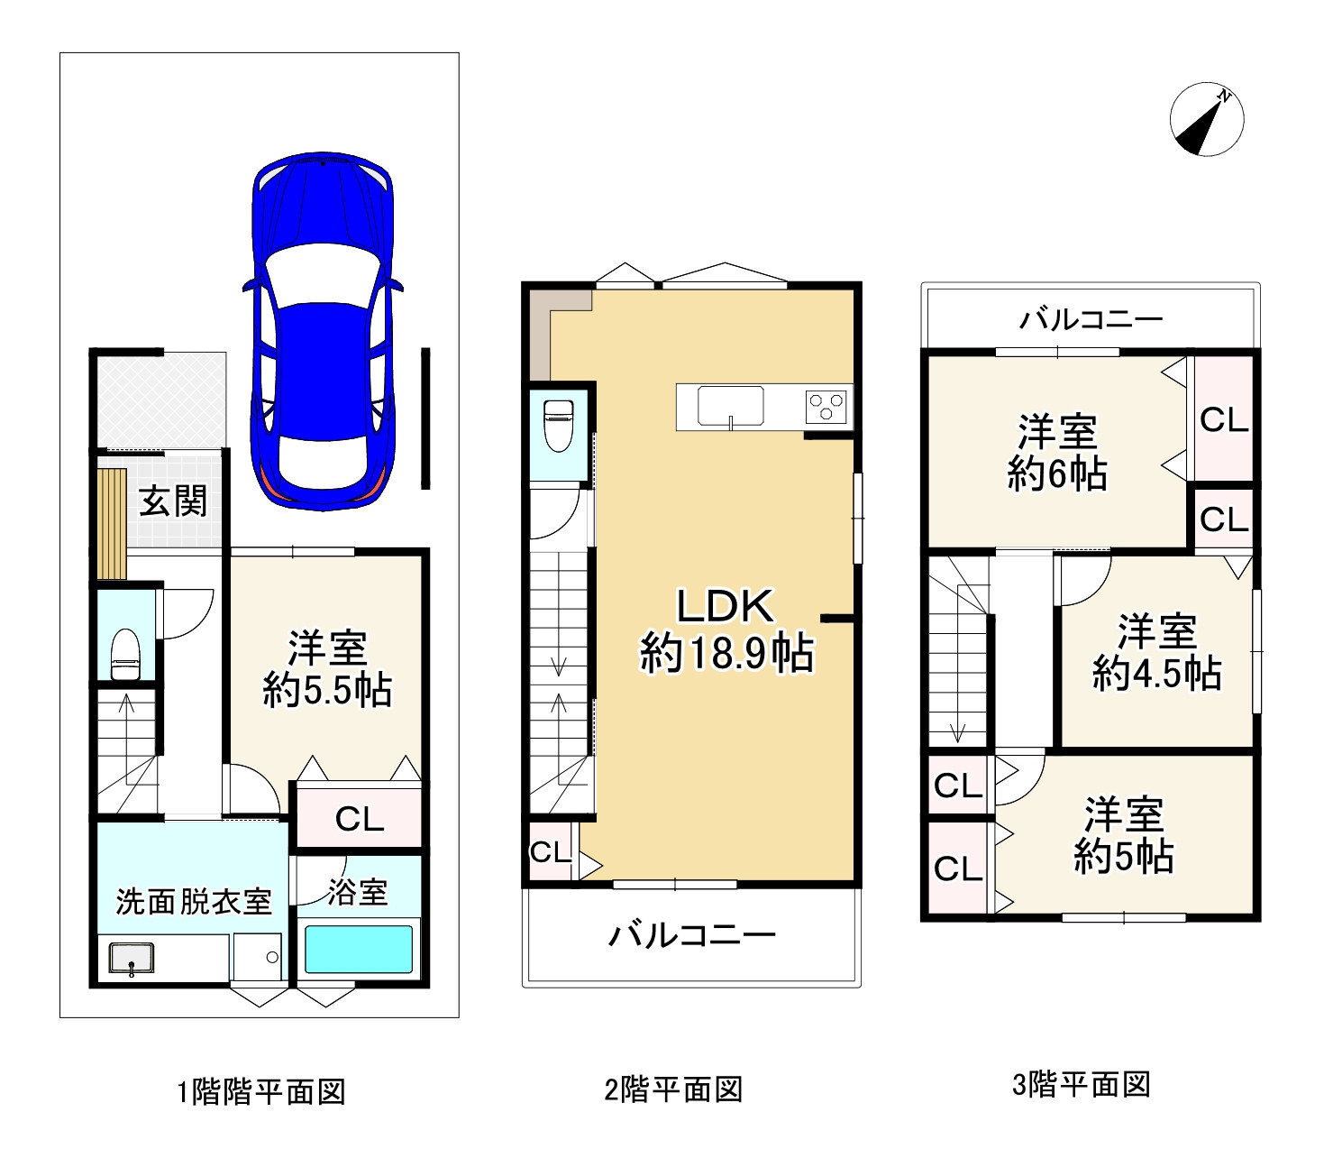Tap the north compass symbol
click(x=1206, y=120)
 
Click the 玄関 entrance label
click(x=173, y=501)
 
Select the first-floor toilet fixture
click(x=125, y=655)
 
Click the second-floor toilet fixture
click(x=559, y=426)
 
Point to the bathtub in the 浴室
click(x=358, y=949)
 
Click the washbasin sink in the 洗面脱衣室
click(x=132, y=958)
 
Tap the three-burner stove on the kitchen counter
click(x=826, y=407)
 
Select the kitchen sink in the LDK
click(x=730, y=407)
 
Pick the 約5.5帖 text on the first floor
click(x=327, y=691)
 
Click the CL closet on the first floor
click(x=359, y=818)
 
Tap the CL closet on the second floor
click(x=550, y=852)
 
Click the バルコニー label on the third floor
click(x=1091, y=320)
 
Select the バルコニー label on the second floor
click(x=692, y=935)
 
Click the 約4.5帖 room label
click(x=1157, y=674)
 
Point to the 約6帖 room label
click(x=1056, y=473)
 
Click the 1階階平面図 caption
click(x=261, y=1090)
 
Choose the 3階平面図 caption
click(x=1082, y=1085)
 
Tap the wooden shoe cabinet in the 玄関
click(x=111, y=523)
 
